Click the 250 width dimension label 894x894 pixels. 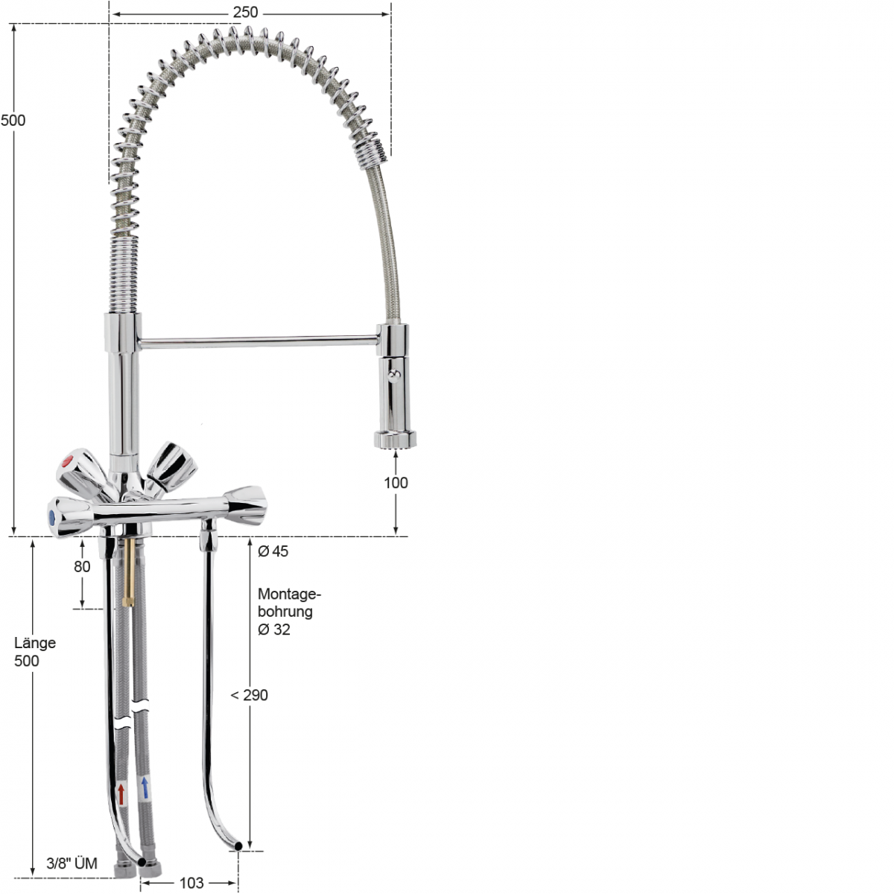pos(245,12)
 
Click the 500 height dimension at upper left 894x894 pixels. pos(13,121)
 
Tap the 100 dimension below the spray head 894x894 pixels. pos(396,483)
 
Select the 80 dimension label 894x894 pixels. pos(82,566)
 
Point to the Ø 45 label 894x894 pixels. pos(273,551)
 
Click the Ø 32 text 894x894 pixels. pos(273,630)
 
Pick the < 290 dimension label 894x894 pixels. pos(249,695)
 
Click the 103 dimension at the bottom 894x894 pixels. pos(191,883)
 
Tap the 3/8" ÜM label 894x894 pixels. pos(72,863)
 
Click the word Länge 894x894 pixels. pos(35,643)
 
